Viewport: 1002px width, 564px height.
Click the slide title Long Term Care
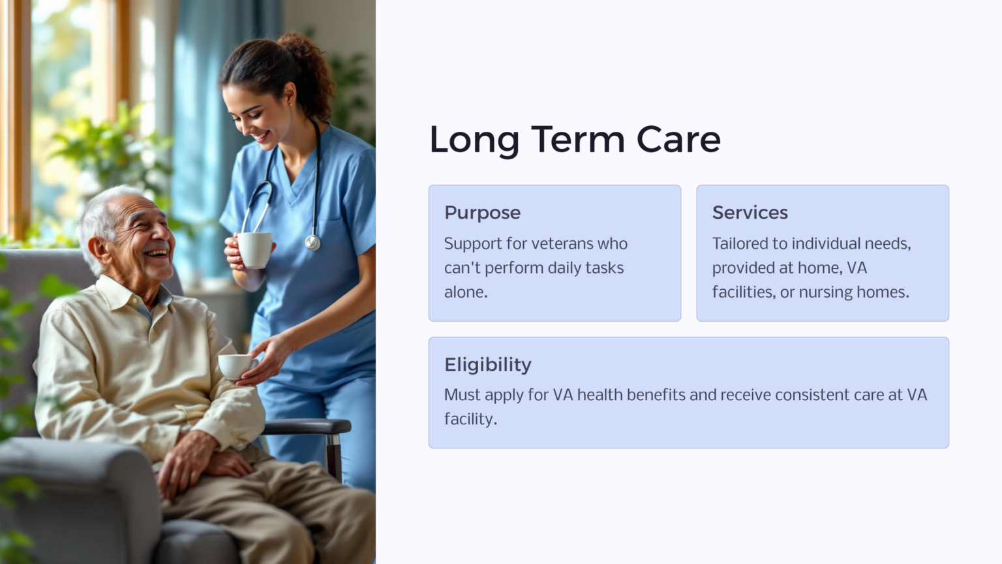(x=575, y=140)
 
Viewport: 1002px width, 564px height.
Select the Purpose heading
(x=482, y=213)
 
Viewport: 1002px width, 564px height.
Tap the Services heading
(x=750, y=213)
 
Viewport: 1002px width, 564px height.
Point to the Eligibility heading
(x=487, y=364)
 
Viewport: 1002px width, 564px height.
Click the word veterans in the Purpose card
(x=562, y=243)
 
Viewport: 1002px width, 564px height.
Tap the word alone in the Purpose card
(x=465, y=292)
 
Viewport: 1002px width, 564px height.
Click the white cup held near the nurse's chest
(x=254, y=249)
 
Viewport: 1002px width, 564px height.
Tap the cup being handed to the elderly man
(x=235, y=366)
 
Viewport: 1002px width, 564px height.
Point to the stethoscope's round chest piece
(x=312, y=243)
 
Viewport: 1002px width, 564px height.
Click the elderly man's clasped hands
(x=196, y=460)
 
